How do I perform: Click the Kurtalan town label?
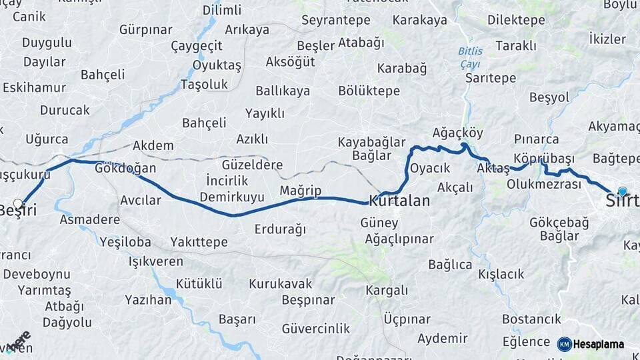[x=399, y=200]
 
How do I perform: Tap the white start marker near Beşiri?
[x=18, y=203]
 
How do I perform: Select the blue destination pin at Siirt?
[x=623, y=192]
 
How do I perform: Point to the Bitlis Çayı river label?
[x=471, y=57]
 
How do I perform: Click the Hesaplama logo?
[x=591, y=344]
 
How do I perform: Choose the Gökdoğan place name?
[x=125, y=168]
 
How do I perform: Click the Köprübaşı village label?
[x=544, y=158]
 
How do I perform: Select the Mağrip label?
[x=300, y=191]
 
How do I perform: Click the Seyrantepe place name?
[x=335, y=20]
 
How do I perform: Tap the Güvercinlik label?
[x=315, y=328]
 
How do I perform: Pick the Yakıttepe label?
[x=199, y=242]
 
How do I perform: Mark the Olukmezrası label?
[x=544, y=183]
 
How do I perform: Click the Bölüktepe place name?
[x=369, y=91]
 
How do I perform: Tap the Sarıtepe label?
[x=491, y=78]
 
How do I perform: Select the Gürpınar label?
[x=145, y=29]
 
